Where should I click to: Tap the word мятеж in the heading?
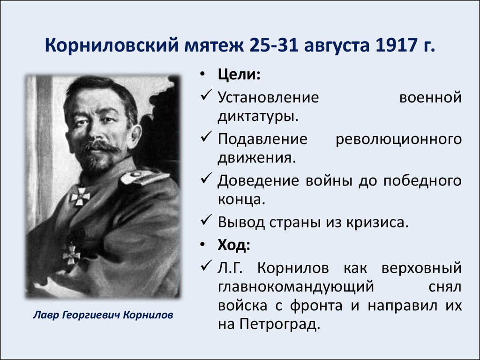pos(214,45)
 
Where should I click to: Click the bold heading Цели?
pos(239,75)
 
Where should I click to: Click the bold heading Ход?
pos(234,244)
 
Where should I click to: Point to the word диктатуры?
pos(258,117)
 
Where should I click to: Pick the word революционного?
pos(398,139)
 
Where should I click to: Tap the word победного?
pos(422,180)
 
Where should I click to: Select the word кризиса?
pos(377,222)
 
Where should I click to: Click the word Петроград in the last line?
pos(280,324)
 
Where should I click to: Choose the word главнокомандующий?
pos(296,287)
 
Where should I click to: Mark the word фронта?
pos(316,306)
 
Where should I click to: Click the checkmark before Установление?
pos(206,95)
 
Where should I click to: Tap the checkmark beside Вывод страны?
pos(206,220)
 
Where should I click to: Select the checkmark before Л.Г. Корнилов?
pos(206,265)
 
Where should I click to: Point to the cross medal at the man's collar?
pos(80,196)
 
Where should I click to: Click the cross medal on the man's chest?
pos(71,254)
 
